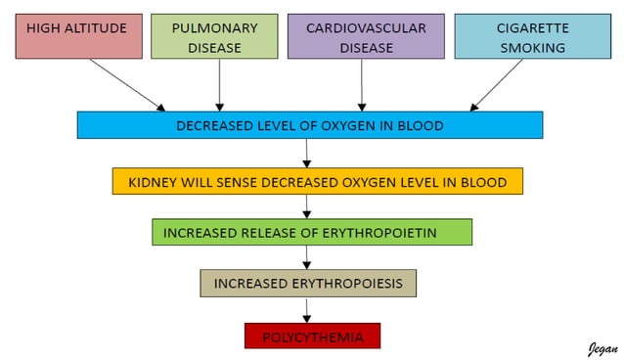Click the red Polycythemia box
(x=312, y=337)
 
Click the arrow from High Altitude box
(x=126, y=84)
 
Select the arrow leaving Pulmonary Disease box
(x=219, y=82)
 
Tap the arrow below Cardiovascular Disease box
(x=362, y=82)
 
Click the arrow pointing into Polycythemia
(x=308, y=310)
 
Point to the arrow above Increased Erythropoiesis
(x=308, y=257)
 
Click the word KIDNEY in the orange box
(x=154, y=182)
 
